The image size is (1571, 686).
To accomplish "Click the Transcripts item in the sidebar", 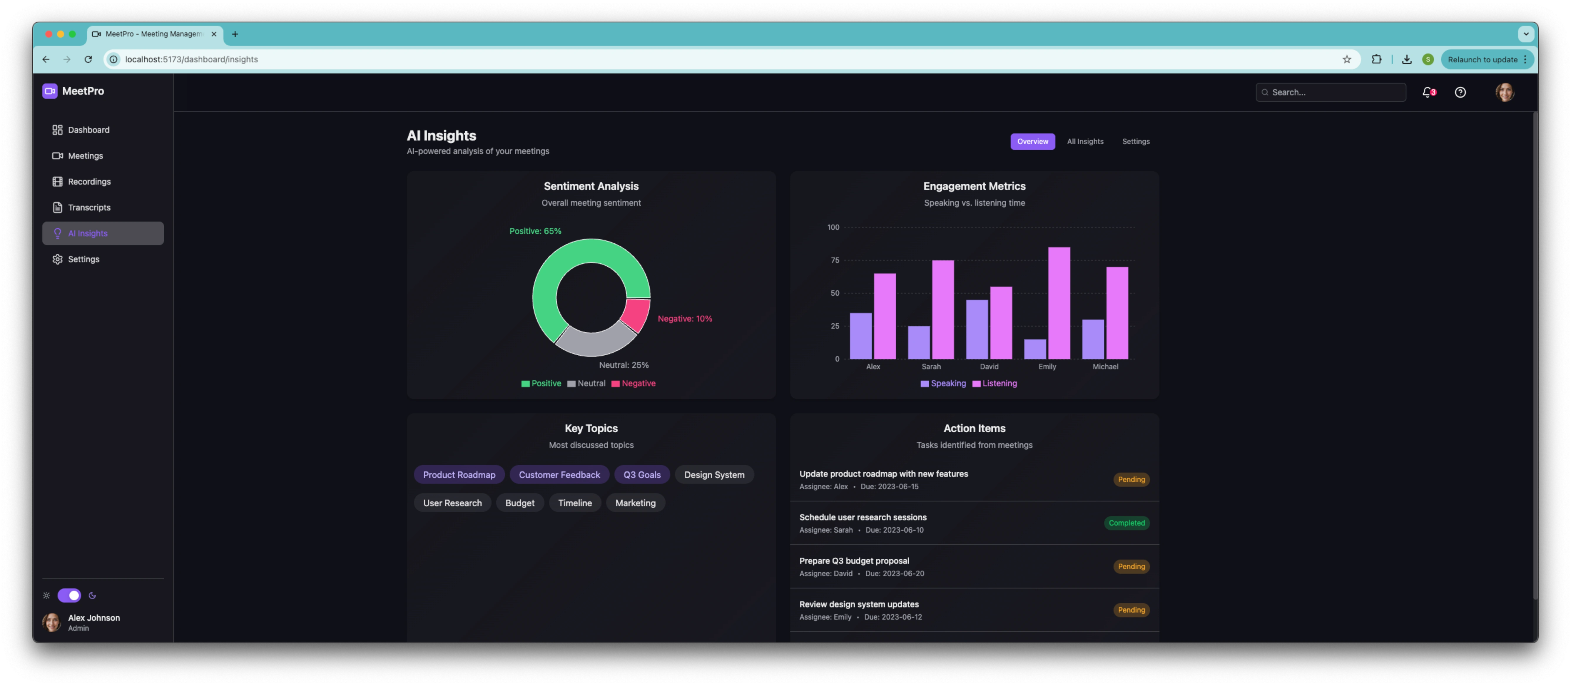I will click(89, 207).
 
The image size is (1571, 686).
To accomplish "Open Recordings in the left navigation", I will click(89, 182).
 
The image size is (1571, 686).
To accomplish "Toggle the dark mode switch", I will click(69, 595).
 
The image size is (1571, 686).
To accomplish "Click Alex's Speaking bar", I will click(860, 336).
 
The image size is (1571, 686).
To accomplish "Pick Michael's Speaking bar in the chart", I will click(1093, 340).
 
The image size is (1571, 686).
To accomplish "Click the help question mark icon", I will click(1460, 92).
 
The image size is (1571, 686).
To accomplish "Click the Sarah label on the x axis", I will click(931, 367).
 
